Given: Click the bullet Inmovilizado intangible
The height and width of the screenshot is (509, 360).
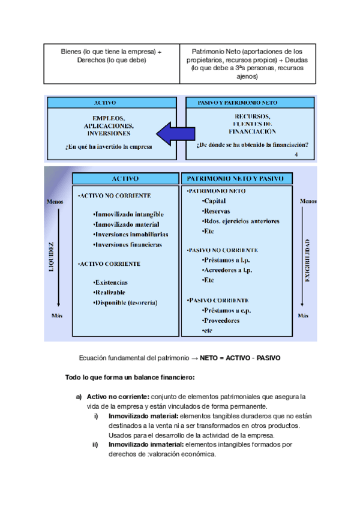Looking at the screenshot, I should tap(128, 214).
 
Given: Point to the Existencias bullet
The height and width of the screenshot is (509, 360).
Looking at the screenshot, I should tap(110, 282).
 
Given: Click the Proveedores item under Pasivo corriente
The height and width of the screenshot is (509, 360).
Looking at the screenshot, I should tap(221, 321).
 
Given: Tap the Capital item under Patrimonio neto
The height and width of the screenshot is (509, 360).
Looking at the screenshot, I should tap(214, 200).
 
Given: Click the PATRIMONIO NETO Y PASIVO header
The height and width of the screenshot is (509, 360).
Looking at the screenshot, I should tap(239, 179).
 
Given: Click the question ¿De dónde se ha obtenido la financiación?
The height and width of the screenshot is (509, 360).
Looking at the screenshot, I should tap(252, 144).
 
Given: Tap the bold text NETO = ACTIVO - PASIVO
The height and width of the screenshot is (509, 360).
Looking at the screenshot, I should tap(239, 358).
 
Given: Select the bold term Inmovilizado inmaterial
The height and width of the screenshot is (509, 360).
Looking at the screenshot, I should tap(146, 445).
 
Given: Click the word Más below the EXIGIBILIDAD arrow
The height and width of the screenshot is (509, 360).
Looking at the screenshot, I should tap(303, 315).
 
